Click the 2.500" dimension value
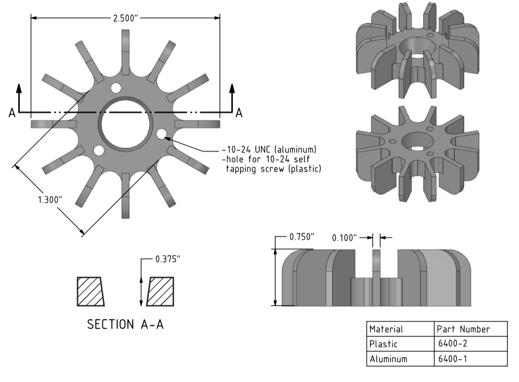[126, 18]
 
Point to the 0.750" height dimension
[302, 237]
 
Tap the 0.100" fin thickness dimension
[344, 238]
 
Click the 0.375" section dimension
[168, 259]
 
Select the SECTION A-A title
[125, 325]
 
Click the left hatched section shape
[89, 292]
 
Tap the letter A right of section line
[239, 114]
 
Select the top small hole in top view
[116, 88]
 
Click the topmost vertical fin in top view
[126, 52]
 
